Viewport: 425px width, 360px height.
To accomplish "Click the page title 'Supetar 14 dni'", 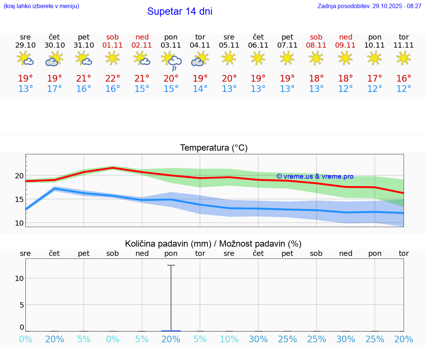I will coord(180,11).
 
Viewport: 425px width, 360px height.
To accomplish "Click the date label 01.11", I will coord(113,45).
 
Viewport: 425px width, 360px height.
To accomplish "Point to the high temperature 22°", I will coord(113,79).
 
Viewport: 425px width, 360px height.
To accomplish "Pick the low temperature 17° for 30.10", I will coord(54,89).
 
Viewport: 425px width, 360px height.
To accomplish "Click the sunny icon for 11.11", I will coord(404,58).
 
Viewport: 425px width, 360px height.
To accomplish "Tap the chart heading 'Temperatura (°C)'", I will coord(214,148).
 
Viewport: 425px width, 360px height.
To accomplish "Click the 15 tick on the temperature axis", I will coord(19,199).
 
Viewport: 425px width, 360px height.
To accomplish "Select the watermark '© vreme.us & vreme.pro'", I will coord(315,176).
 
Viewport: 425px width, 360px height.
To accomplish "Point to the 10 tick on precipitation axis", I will coord(19,278).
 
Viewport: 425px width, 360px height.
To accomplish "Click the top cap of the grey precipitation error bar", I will coord(171,265).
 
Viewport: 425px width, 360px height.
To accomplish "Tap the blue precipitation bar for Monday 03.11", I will coord(171,331).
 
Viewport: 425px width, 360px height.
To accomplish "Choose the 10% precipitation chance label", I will coord(229,339).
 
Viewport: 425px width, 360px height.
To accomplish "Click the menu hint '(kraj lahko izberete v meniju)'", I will coord(41,6).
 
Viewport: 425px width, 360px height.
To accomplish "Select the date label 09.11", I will coord(345,45).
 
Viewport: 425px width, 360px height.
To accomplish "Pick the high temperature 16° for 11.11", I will coord(404,79).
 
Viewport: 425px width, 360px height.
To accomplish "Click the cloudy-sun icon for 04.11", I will coord(200,59).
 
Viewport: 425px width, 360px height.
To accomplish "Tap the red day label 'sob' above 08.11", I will coord(316,37).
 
